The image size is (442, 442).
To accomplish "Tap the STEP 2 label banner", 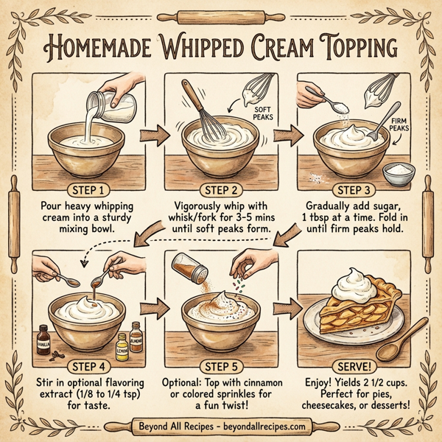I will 221,188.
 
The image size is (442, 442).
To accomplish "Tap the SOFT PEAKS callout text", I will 262,113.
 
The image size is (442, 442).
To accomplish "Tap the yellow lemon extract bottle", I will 122,344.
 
